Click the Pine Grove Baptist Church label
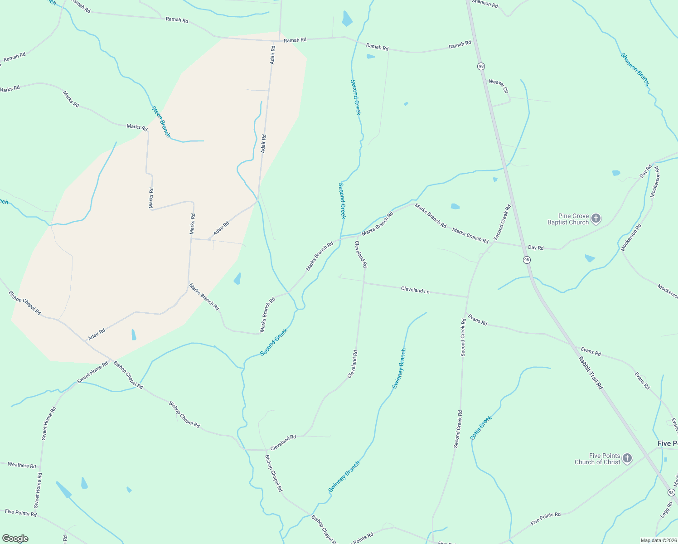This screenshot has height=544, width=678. pos(568,219)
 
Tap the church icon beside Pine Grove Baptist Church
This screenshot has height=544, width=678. pos(596,219)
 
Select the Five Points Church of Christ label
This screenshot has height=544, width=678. pos(597,459)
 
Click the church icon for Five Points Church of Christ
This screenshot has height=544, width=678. pos(627,458)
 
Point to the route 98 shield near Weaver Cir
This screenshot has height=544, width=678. pos(481,66)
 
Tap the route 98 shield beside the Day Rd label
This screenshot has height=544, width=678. pos(526,260)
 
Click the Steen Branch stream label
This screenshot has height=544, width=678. pos(161,121)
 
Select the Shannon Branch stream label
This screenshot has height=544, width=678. pos(635,70)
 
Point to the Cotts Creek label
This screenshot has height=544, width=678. pos(481,428)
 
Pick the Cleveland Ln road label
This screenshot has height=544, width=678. pos(415,290)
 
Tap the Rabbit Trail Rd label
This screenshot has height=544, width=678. pos(591,373)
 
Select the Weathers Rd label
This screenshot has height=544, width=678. pos(22,465)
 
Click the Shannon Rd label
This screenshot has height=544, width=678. pos(485,4)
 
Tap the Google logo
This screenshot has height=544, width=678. pos(15,539)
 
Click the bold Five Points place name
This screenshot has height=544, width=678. pos(668,443)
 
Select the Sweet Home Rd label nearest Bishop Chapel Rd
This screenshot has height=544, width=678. pos(92,372)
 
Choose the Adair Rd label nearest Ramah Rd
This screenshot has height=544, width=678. pos(272,54)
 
